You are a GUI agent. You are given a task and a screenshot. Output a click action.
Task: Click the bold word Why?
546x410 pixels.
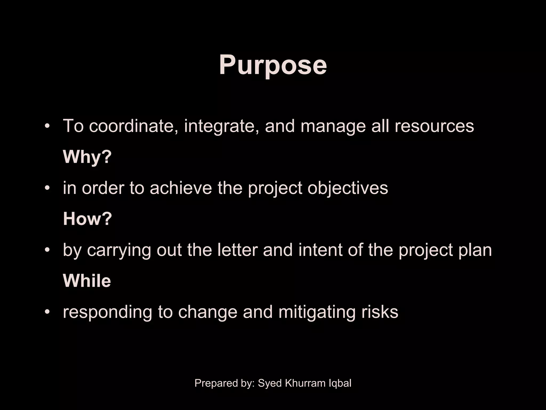(x=87, y=157)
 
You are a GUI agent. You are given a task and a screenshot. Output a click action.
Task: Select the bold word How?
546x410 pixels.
(x=87, y=219)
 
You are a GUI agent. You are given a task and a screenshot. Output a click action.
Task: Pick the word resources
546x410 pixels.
(x=434, y=126)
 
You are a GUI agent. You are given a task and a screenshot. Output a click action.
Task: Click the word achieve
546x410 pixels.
(x=181, y=188)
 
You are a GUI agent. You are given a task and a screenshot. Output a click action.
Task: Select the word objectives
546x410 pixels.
(x=348, y=188)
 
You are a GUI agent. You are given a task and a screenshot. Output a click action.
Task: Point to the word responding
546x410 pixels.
(x=107, y=312)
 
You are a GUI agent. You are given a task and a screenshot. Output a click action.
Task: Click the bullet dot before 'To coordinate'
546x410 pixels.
(x=47, y=126)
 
